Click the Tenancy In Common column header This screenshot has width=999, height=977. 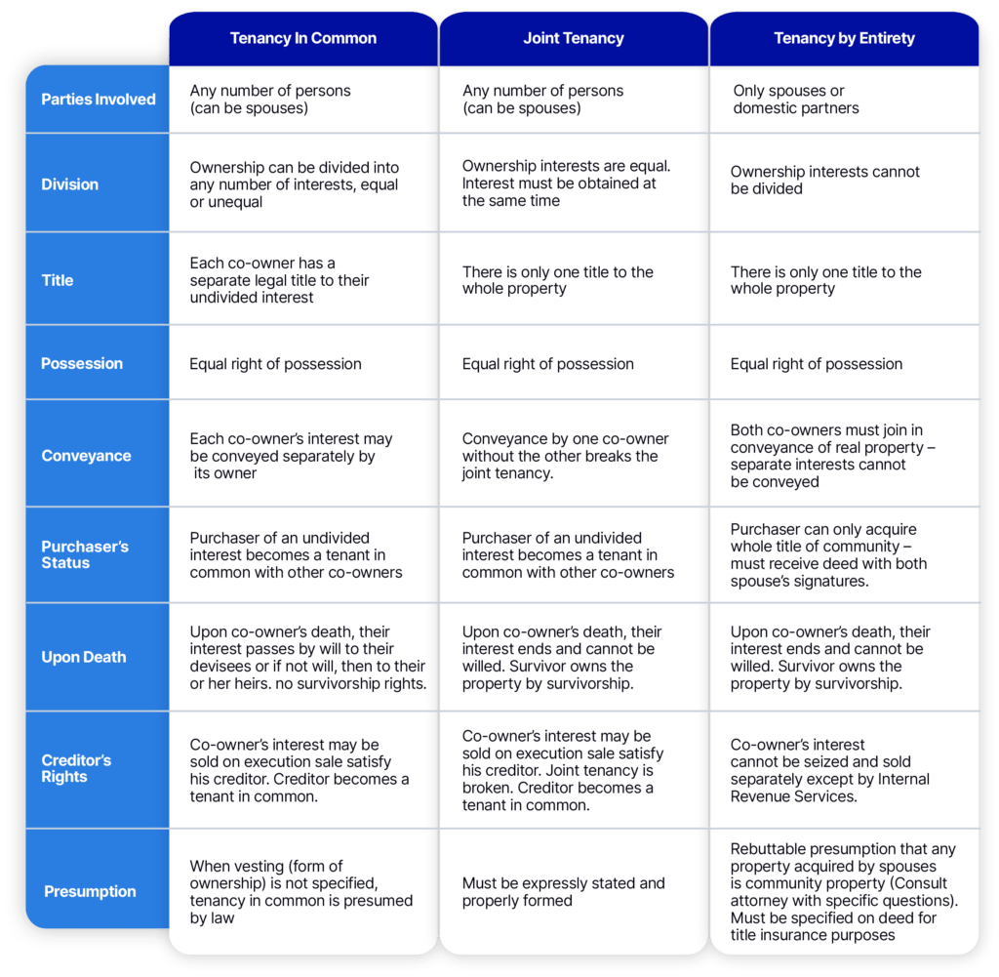tap(303, 38)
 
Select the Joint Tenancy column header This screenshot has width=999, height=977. tap(574, 38)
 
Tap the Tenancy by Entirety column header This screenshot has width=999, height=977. tap(844, 38)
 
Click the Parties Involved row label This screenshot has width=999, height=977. tap(99, 100)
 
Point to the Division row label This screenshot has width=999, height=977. tap(70, 184)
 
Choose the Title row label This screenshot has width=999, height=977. tap(58, 280)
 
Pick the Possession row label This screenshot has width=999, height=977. tap(82, 363)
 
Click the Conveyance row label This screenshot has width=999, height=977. tap(86, 456)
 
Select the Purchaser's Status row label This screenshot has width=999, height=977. tap(85, 554)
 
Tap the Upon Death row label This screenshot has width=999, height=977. tap(84, 657)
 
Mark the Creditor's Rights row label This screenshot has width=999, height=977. tap(76, 768)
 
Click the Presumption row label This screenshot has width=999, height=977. tap(90, 891)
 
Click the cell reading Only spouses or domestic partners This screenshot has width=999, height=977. tap(844, 100)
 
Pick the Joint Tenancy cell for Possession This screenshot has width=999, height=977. tap(574, 363)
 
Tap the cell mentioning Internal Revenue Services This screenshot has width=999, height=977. tap(844, 770)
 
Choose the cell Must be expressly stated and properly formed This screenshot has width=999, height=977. tap(574, 892)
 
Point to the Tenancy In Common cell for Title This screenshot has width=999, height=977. tap(303, 280)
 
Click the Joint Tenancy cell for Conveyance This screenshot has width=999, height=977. tap(574, 456)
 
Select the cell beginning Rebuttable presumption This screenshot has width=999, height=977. tap(844, 892)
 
